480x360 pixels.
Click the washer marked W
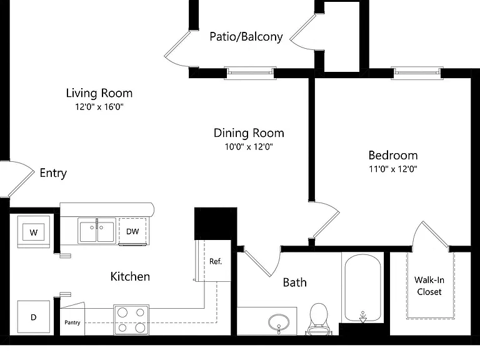click(34, 232)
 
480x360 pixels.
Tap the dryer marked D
click(34, 317)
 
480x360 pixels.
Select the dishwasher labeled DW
click(132, 231)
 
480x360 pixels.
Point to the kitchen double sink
click(97, 231)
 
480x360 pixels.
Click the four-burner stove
click(131, 319)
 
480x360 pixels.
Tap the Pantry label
click(72, 322)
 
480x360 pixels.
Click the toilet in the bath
click(319, 319)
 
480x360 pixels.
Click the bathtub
click(362, 287)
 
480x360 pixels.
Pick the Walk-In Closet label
click(429, 286)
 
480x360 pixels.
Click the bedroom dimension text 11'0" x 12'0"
click(393, 169)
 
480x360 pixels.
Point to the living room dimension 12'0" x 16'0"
click(99, 107)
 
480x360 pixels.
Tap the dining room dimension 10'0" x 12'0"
click(249, 147)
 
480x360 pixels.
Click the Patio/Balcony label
click(246, 36)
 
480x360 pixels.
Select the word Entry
click(53, 173)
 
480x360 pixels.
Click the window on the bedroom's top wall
click(417, 73)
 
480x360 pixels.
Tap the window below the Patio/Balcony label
click(250, 73)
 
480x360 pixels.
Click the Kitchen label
click(130, 276)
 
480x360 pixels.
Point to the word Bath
click(294, 282)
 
